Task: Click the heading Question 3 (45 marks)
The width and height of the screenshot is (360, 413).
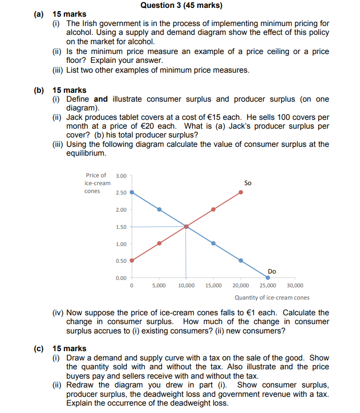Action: (181, 5)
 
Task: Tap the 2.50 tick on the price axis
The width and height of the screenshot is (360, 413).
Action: (121, 193)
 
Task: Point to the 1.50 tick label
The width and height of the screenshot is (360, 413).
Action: (121, 227)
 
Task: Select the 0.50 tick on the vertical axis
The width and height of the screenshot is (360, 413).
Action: (121, 261)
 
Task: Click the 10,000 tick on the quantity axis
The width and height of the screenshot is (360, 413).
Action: (186, 285)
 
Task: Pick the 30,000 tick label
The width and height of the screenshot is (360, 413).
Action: (295, 285)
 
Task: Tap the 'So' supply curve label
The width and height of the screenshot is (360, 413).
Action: (248, 183)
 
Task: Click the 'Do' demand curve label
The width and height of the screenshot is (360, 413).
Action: (272, 271)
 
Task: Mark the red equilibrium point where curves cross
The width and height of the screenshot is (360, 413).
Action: (186, 226)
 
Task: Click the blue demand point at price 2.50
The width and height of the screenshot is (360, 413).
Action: (132, 193)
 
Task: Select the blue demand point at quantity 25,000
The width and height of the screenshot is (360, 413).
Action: (268, 277)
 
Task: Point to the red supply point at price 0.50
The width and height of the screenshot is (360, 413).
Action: (132, 260)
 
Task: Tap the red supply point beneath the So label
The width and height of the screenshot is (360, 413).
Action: (241, 193)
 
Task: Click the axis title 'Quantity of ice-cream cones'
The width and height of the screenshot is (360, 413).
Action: (272, 298)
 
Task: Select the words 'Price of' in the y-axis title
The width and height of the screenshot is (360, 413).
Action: (96, 175)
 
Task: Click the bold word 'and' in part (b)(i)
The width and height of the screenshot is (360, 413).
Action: (101, 99)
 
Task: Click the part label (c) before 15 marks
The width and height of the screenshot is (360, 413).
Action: (38, 349)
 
